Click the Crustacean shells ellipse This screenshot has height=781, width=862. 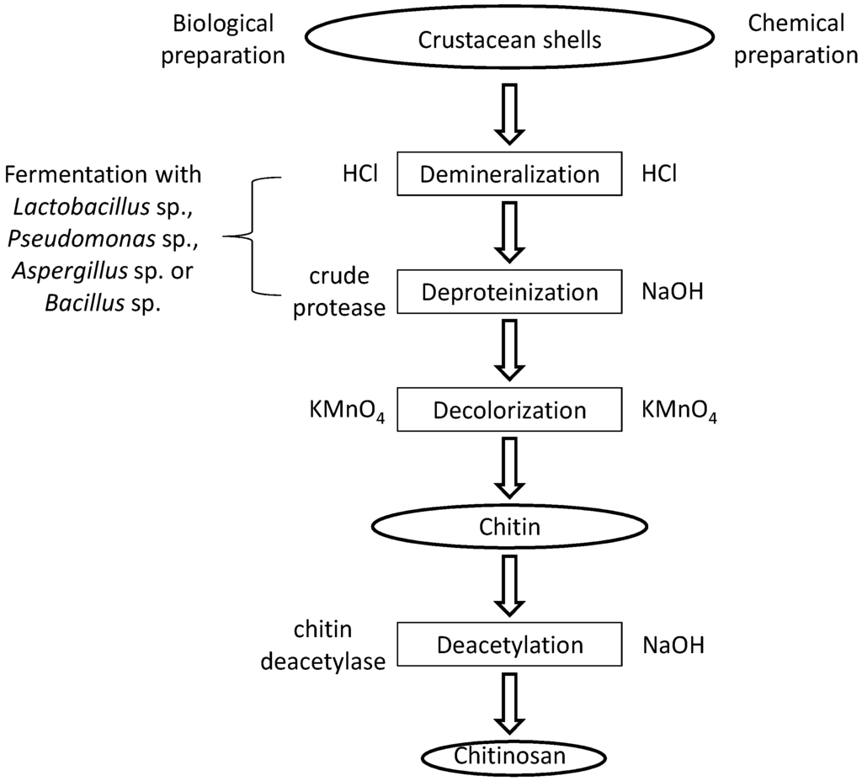tap(509, 39)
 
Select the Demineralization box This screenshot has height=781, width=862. tap(509, 174)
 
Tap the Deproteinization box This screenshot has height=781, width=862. tap(509, 292)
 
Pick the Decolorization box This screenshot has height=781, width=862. tap(509, 410)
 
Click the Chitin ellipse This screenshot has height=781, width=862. tap(509, 528)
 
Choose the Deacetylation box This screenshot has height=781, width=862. tap(509, 646)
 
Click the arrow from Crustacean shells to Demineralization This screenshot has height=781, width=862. tap(509, 113)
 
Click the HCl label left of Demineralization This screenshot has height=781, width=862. tap(354, 173)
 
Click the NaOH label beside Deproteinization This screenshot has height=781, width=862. tap(673, 292)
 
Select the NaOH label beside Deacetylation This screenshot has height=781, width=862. tap(673, 646)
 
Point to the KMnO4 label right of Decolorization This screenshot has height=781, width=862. tap(679, 411)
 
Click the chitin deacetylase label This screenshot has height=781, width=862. tap(323, 646)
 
